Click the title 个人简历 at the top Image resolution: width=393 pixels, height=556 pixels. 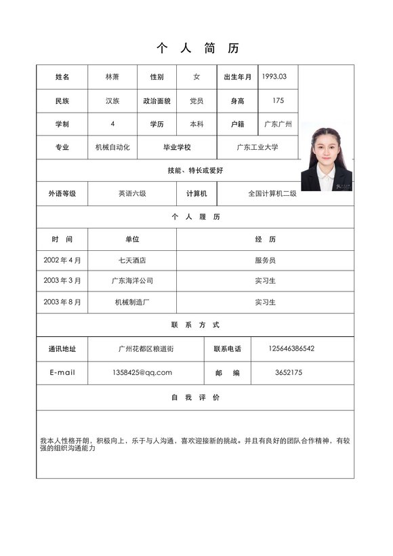click(197, 48)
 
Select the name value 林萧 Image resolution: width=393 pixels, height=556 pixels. click(112, 77)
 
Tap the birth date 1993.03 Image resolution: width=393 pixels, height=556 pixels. click(274, 77)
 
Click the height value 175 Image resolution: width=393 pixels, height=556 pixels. click(278, 100)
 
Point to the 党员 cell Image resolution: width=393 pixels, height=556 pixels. click(196, 101)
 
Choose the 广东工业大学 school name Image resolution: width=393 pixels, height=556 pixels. click(257, 147)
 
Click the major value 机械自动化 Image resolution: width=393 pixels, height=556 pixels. click(112, 147)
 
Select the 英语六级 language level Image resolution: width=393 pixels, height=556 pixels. click(132, 193)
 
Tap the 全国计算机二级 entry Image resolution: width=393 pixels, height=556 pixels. click(272, 193)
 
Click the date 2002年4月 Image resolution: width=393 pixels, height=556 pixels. click(62, 260)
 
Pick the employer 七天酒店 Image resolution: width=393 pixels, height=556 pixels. click(132, 260)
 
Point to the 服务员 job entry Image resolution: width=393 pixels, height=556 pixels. click(265, 260)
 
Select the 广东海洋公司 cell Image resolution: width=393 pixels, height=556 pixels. click(132, 281)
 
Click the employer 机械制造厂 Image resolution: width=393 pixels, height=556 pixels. click(132, 302)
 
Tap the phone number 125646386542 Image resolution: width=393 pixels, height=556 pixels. click(291, 349)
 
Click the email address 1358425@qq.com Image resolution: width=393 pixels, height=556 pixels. click(142, 372)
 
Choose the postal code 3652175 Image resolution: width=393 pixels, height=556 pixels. click(289, 372)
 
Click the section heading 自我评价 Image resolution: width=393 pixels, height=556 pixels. click(195, 397)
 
